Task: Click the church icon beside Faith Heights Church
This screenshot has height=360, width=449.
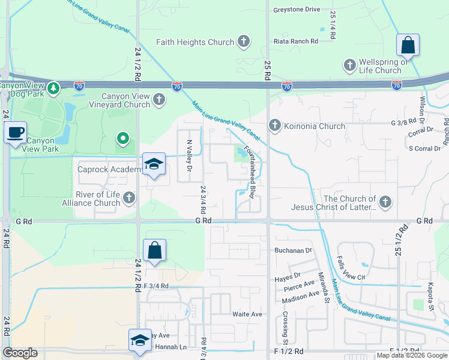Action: pos(243,41)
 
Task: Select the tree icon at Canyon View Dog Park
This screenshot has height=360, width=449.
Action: pos(53,88)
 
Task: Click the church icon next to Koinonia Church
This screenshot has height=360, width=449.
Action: pos(274,125)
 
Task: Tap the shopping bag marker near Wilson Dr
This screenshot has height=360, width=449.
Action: pos(408,44)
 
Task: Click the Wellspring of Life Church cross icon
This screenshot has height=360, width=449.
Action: pos(349,64)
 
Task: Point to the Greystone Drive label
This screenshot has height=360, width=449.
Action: pos(297,10)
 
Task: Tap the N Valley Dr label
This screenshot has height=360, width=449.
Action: pos(189,157)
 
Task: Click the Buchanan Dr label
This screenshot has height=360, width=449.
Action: pos(294,250)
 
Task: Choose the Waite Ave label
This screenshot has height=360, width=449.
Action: pos(247,314)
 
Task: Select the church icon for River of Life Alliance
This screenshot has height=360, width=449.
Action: pos(128,197)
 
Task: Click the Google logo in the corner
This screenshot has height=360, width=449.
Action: pos(20,353)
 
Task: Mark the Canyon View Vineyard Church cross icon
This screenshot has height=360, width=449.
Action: pos(159,99)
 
